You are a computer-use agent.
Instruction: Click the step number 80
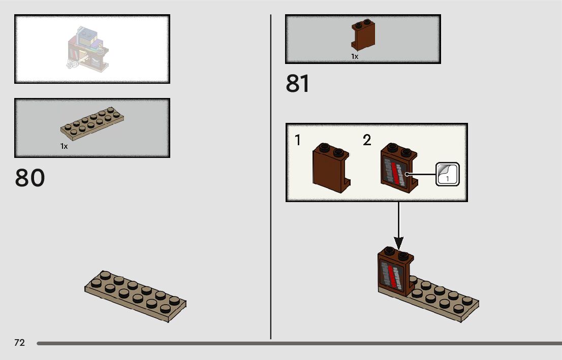(x=30, y=178)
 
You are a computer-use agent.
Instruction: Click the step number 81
(x=297, y=84)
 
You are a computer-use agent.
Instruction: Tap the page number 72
(x=19, y=343)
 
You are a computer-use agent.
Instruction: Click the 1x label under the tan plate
(x=64, y=146)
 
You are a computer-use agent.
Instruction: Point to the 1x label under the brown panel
(x=355, y=57)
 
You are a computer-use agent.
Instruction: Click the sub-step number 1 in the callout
(x=298, y=140)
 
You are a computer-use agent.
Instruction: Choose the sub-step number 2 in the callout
(x=367, y=140)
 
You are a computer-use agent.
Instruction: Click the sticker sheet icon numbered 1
(x=447, y=174)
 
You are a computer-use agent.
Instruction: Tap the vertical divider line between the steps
(x=271, y=178)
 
